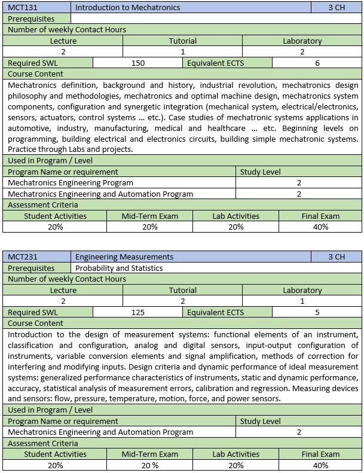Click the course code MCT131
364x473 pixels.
point(21,8)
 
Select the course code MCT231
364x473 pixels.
point(21,257)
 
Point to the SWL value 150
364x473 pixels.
point(138,63)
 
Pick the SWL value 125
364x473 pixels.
point(138,312)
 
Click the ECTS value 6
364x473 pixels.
point(317,63)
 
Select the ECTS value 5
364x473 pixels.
point(317,312)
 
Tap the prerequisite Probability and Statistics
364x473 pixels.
point(119,268)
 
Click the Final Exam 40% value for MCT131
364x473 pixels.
point(320,227)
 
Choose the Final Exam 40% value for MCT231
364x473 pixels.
point(320,465)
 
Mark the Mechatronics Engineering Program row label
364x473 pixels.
point(71,182)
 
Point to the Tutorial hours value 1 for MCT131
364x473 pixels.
point(183,52)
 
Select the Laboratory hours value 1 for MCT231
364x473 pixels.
point(302,301)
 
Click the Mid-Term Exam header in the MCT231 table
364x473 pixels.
point(150,454)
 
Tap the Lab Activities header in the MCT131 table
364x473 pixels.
point(235,216)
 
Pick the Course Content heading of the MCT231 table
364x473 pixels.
point(35,323)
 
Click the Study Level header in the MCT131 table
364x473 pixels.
point(260,172)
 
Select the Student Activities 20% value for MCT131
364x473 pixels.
point(55,227)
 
